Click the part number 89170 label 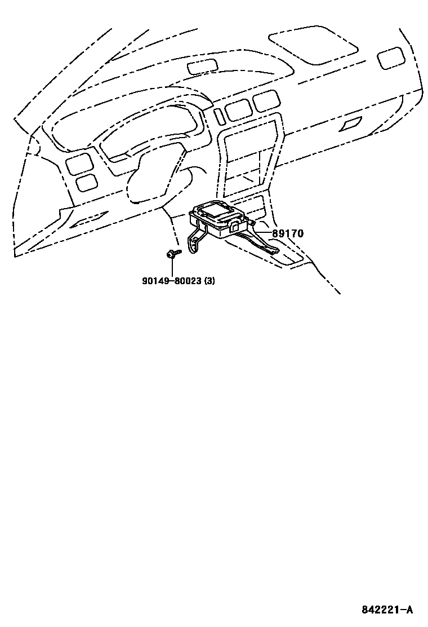click(x=288, y=234)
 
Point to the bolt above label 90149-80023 click(x=171, y=255)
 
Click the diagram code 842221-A click(x=387, y=610)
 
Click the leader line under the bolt click(x=171, y=267)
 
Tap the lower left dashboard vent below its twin click(x=86, y=182)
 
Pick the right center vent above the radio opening click(x=262, y=101)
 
